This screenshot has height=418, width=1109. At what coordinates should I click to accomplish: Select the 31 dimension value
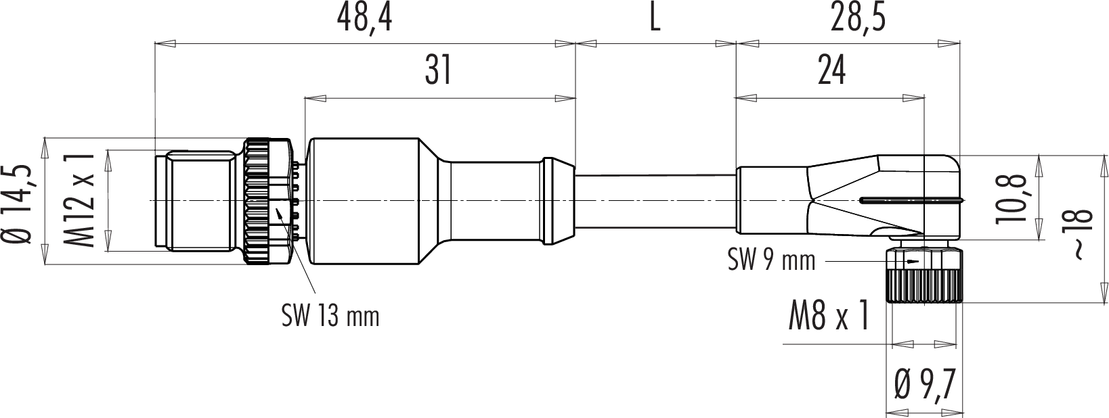[439, 70]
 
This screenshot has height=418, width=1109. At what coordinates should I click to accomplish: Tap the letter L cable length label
[655, 20]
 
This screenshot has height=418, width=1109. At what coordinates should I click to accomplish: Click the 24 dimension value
[831, 70]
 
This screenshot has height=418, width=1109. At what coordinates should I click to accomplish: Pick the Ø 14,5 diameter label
[19, 204]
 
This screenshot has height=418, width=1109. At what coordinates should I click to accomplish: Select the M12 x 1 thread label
[79, 200]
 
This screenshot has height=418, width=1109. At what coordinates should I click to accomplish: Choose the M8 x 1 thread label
[830, 316]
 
